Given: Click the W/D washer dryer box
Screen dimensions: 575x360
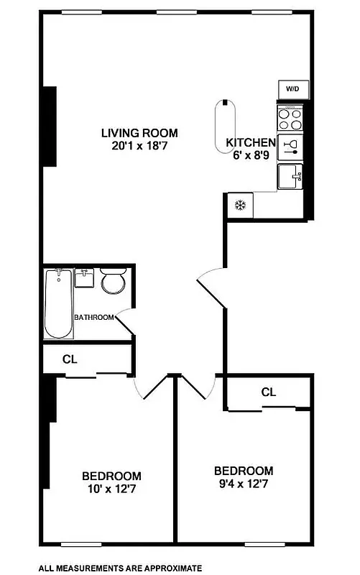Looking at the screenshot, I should click(292, 89).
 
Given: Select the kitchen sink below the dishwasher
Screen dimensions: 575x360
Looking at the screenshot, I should click(291, 175).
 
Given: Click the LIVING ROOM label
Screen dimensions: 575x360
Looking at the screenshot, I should click(139, 133).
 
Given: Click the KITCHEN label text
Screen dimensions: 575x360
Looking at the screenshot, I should click(251, 142).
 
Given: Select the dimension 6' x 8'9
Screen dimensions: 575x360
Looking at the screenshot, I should click(251, 155).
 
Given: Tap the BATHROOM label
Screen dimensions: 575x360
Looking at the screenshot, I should click(94, 317).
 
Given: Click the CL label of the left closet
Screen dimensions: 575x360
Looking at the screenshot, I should click(70, 359).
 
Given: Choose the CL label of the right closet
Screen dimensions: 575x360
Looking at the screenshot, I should click(269, 392).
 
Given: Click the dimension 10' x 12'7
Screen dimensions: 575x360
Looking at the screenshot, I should click(111, 489).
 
